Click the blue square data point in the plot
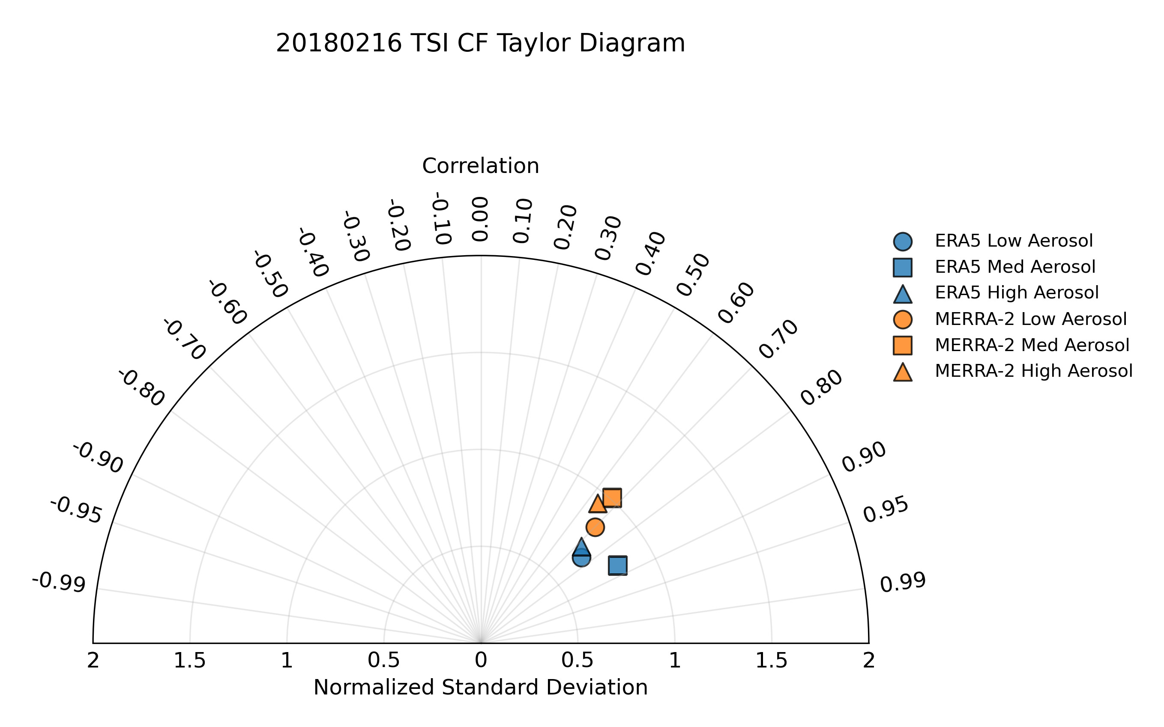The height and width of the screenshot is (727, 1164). pos(618,566)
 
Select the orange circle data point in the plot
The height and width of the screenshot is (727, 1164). pos(595,527)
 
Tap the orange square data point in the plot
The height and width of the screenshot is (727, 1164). pos(612,498)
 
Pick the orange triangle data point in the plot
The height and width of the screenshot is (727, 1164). pos(597,504)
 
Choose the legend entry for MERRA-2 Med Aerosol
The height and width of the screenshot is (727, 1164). pos(1032,345)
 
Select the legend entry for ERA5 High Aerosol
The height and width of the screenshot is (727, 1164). pos(1016,293)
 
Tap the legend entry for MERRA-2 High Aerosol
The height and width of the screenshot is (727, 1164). pos(1033,371)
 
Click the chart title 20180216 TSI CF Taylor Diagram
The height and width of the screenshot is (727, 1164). pos(480,43)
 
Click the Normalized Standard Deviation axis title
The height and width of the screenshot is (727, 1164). pos(480,688)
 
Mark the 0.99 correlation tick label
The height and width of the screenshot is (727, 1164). pos(902,583)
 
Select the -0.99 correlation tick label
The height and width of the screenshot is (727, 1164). pos(59,583)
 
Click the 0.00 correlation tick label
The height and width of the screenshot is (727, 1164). pos(479,219)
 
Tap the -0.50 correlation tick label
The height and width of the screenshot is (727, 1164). pos(270,274)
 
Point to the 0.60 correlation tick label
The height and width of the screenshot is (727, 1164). pos(736,303)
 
